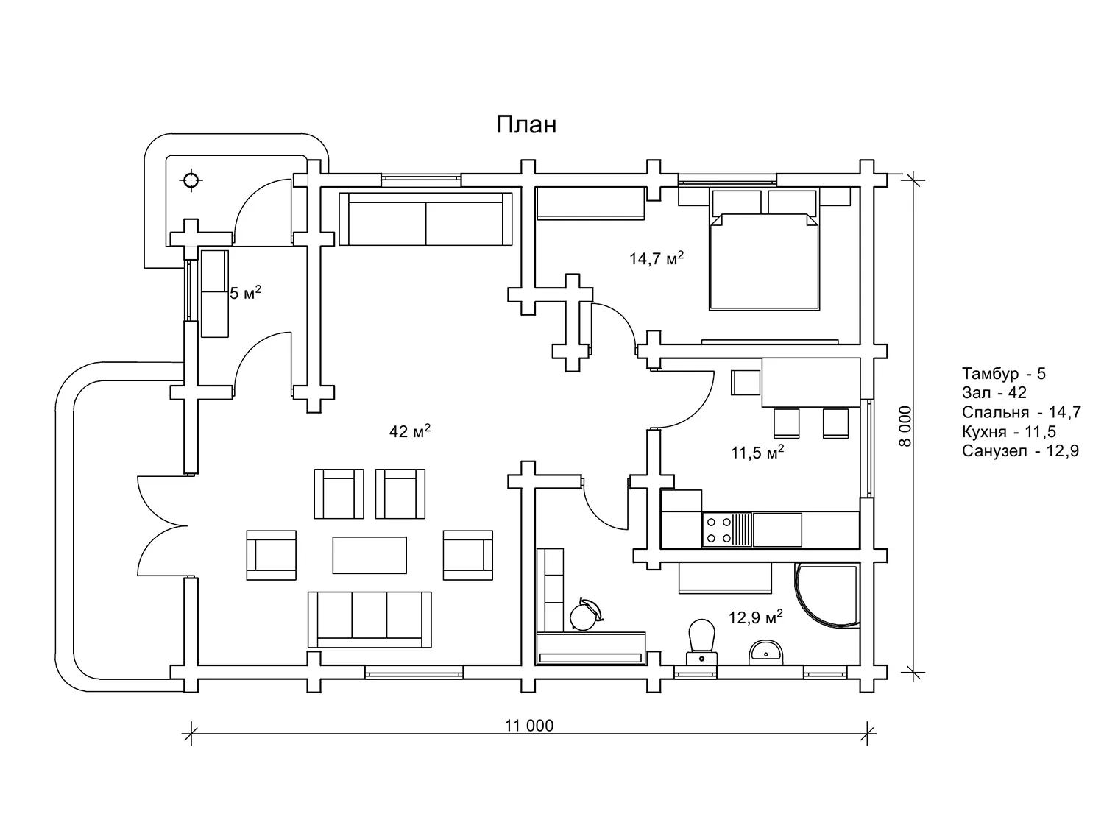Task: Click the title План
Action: [x=526, y=125]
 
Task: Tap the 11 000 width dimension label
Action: [x=528, y=726]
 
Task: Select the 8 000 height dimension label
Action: [x=905, y=425]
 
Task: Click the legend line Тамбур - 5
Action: [x=1003, y=373]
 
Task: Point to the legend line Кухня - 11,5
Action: [x=1008, y=432]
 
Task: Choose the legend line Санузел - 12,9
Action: [x=1020, y=451]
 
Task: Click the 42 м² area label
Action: [x=409, y=431]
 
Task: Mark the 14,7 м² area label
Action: [x=657, y=258]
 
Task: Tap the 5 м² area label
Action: [x=245, y=294]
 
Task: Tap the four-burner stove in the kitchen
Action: [x=718, y=529]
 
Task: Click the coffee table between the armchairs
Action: [x=369, y=555]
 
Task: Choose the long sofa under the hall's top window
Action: [x=425, y=219]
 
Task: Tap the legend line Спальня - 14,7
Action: [x=1021, y=412]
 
